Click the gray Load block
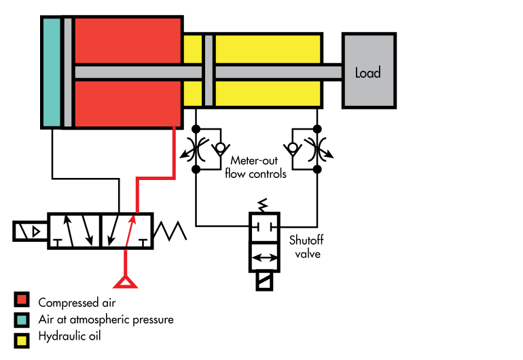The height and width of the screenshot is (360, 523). (367, 71)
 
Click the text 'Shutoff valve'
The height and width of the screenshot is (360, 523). (304, 247)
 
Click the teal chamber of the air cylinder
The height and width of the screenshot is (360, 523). (51, 71)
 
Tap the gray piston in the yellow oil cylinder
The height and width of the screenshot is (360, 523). (209, 71)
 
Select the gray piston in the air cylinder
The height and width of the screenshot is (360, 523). (67, 71)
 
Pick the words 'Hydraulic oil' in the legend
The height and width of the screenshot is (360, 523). (69, 336)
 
